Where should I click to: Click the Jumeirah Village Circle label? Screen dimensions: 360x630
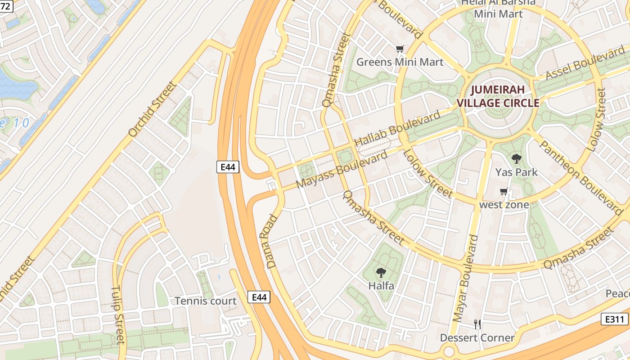[x=498, y=96]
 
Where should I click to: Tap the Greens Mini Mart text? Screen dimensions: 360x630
[x=400, y=62]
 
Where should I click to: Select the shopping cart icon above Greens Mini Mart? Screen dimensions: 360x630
[x=400, y=49]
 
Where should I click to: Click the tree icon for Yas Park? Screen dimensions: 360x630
[x=516, y=158]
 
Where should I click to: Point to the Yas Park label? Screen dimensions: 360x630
[x=516, y=172]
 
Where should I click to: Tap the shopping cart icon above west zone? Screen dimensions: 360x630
[x=504, y=192]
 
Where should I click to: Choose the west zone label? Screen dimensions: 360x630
[x=504, y=205]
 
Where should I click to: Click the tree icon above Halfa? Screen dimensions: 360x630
[x=381, y=272]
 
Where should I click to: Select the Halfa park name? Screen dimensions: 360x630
[x=381, y=286]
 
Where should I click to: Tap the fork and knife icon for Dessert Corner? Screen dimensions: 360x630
[x=477, y=324]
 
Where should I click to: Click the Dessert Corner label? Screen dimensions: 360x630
[x=477, y=337]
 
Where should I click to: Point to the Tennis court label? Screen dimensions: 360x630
[x=205, y=301]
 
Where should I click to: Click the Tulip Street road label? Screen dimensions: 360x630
[x=117, y=315]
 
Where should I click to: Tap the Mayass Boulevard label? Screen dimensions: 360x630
[x=342, y=170]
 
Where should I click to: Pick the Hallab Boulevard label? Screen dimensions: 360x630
[x=397, y=129]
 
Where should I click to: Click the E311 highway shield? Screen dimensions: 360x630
[x=614, y=319]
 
